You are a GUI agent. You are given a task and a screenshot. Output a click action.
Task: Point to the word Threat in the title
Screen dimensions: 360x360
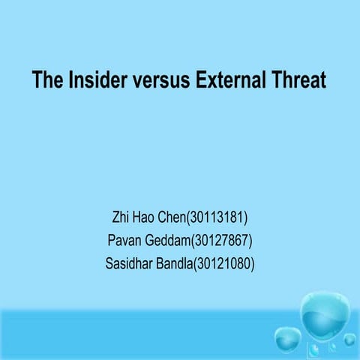pyautogui.click(x=300, y=79)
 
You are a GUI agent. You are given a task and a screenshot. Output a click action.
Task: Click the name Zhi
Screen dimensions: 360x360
pyautogui.click(x=121, y=218)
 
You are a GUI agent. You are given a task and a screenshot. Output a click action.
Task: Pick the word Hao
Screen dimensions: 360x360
pyautogui.click(x=147, y=218)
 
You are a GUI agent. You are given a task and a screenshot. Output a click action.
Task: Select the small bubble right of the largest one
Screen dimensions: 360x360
pyautogui.click(x=349, y=339)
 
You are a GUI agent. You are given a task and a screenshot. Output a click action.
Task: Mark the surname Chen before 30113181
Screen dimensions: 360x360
pyautogui.click(x=176, y=218)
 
